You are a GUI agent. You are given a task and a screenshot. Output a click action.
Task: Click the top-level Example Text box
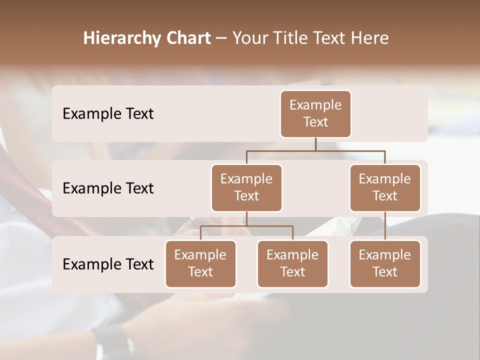coord(315,114)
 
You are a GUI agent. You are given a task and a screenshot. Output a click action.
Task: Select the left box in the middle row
coord(246,187)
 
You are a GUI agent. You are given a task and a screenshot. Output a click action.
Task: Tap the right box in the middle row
coord(385,187)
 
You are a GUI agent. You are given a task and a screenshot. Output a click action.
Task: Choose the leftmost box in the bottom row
coord(200,263)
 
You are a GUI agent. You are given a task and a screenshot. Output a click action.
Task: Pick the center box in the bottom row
coord(292,263)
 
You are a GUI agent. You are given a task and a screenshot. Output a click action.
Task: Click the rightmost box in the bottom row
coord(385,263)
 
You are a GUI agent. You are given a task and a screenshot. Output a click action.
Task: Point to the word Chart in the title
coord(187,38)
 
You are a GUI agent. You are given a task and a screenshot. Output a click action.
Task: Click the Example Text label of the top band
coord(108,114)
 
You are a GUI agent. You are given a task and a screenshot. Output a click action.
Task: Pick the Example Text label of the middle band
coord(108,188)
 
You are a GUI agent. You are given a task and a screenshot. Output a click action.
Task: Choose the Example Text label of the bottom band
coord(108,264)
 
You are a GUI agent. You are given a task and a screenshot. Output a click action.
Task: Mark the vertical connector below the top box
coord(315,144)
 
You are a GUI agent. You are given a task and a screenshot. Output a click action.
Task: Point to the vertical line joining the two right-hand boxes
coord(385,226)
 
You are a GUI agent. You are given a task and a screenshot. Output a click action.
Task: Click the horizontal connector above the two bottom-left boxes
coord(246,226)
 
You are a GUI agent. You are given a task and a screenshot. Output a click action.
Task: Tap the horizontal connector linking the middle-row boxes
coord(315,150)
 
